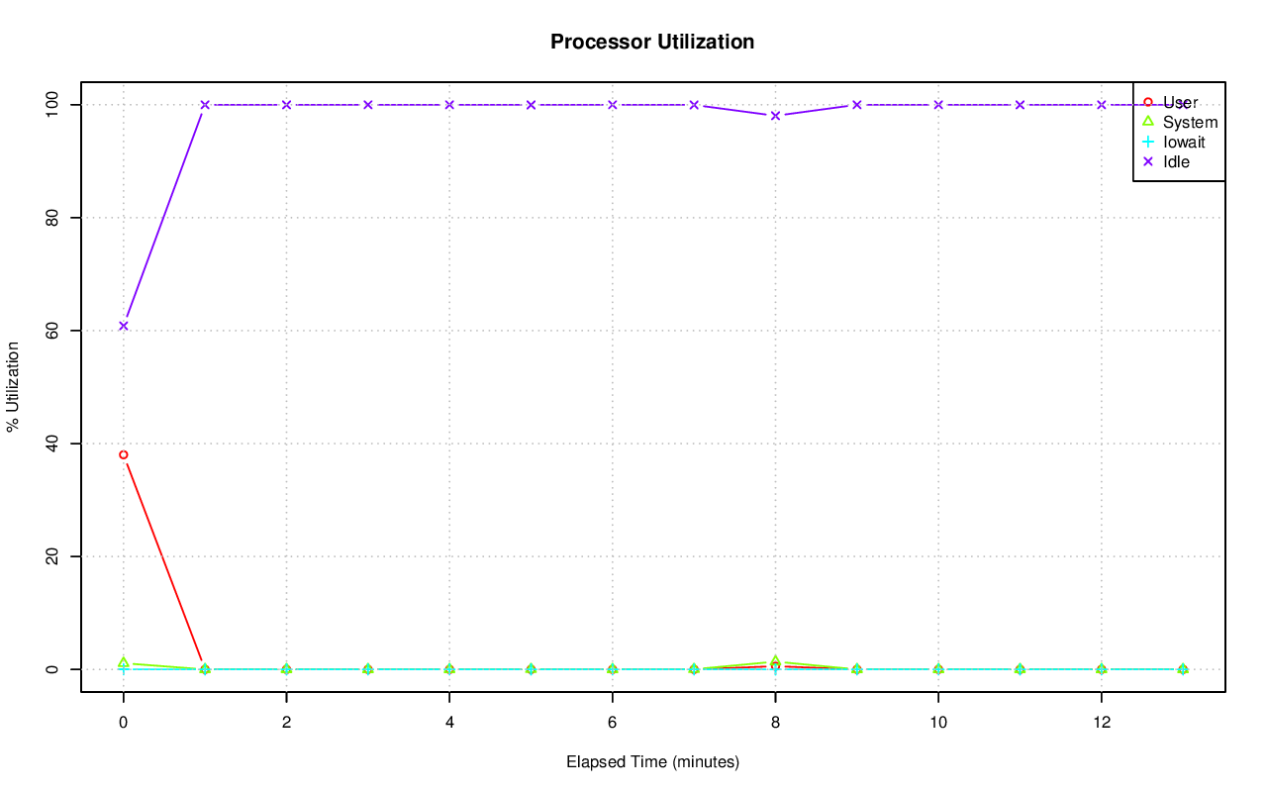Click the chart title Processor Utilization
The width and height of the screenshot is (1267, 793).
pos(652,42)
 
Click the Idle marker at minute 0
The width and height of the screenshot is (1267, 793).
pos(124,326)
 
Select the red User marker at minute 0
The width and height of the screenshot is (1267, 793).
pos(124,455)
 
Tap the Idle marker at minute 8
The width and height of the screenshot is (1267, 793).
pos(776,116)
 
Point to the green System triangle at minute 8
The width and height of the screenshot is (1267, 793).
pos(776,661)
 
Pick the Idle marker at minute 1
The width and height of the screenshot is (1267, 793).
pos(205,105)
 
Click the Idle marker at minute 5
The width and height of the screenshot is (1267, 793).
pos(532,105)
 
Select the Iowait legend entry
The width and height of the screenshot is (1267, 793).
pos(1184,143)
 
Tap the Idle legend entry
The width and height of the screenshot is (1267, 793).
pos(1176,162)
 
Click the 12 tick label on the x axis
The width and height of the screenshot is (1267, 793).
pos(1102,723)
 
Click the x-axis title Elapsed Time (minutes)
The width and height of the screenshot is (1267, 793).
pos(652,762)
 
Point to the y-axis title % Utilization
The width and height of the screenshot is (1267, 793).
pos(14,386)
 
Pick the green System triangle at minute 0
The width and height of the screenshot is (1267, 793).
pos(124,662)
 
